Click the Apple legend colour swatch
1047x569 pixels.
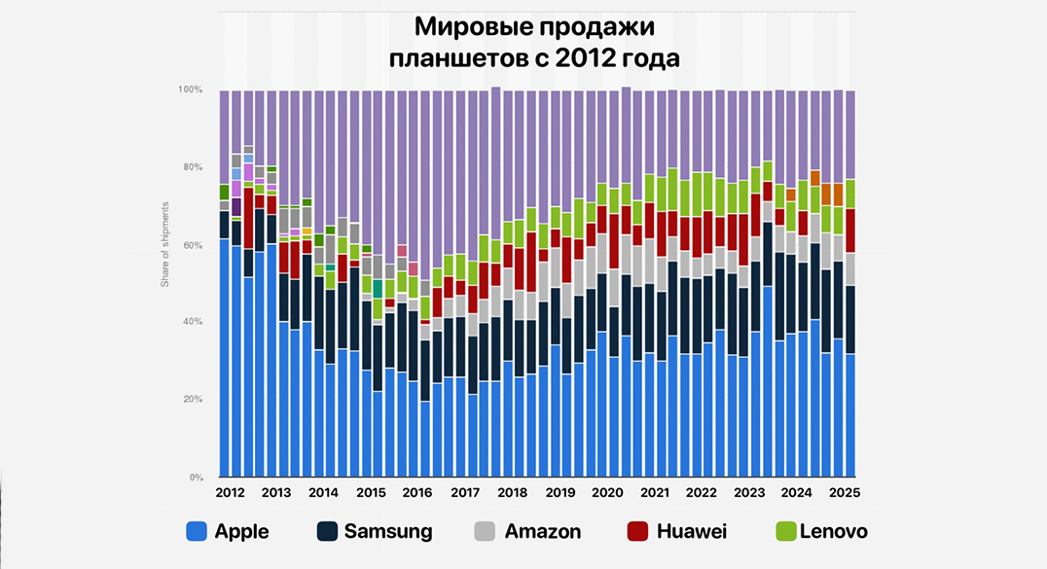196,531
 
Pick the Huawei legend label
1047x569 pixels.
691,531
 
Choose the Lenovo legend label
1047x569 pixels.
832,531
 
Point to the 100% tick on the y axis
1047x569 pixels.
190,89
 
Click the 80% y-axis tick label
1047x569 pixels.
192,167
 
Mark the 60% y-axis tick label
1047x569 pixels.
192,245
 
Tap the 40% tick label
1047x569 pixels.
192,322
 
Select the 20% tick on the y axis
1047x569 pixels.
192,400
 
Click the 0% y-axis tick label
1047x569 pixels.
195,478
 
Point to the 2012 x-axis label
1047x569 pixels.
231,493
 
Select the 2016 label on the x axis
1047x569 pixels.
417,493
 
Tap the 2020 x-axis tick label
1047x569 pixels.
607,493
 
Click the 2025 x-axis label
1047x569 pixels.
844,493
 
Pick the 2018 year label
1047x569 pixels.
512,493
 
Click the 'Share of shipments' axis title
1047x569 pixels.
165,244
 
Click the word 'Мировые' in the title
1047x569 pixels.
468,25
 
